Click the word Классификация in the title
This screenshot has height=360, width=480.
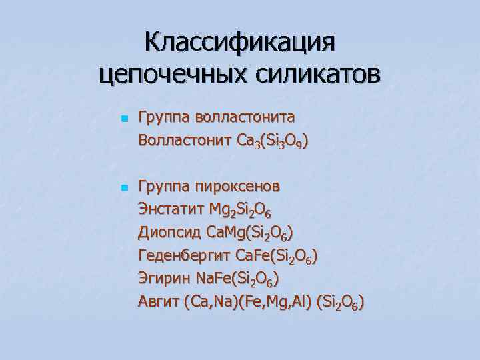click(x=240, y=43)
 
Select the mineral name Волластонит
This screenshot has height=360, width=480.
click(x=184, y=141)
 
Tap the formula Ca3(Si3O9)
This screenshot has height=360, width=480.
click(x=272, y=142)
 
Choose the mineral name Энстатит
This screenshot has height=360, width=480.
click(x=170, y=209)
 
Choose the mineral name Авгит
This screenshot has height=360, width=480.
click(x=159, y=302)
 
